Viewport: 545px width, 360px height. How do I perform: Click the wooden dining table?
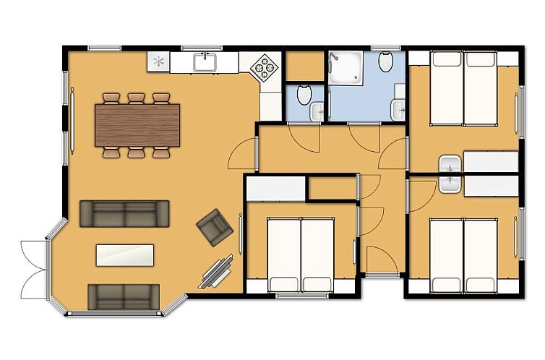click(137, 124)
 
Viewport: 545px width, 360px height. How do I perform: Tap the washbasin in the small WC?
click(317, 111)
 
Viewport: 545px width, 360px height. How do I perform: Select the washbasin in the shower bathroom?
click(398, 109)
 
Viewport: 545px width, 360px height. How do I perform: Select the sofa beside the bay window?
click(124, 296)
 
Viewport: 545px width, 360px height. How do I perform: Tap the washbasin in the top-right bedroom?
click(450, 165)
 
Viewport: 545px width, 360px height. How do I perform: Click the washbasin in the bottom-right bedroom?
click(449, 182)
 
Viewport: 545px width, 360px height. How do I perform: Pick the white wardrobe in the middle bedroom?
click(276, 189)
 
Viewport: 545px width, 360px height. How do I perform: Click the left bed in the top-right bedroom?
click(447, 89)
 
